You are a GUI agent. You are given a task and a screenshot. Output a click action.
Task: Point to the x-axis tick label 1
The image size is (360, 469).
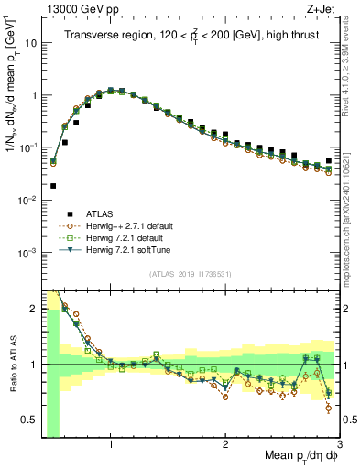[111, 445]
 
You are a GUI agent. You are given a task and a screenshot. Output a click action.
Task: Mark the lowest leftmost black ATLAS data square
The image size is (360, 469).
[53, 186]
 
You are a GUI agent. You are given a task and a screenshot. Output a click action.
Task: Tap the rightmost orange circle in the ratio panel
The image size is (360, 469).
[328, 408]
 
